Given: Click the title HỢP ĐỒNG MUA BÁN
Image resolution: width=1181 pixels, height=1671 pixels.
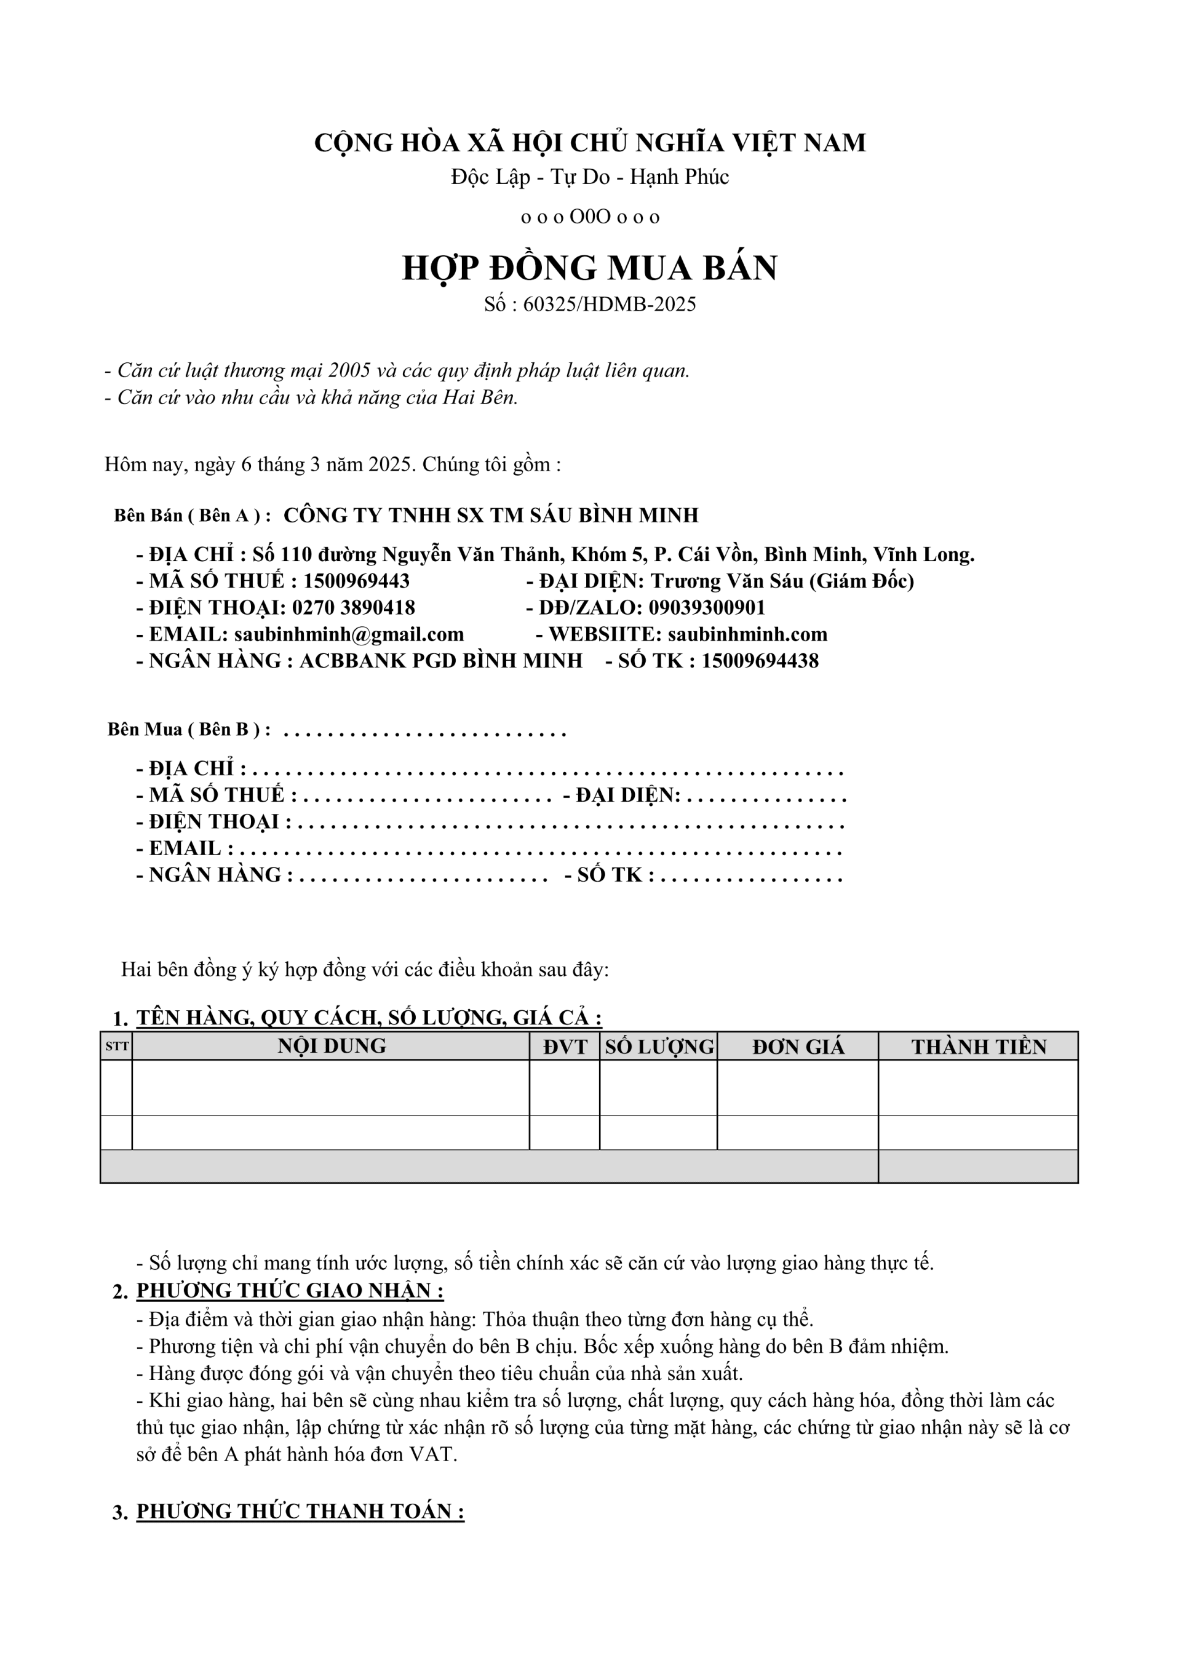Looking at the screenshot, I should tap(589, 268).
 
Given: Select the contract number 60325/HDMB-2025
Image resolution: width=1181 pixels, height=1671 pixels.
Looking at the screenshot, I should tap(609, 304).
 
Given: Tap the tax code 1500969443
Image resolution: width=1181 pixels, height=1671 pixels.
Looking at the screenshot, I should tap(357, 581).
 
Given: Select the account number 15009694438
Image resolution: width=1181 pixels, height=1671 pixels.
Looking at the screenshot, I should tap(760, 661).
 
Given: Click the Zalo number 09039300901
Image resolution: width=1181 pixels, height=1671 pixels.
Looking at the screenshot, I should tap(707, 608).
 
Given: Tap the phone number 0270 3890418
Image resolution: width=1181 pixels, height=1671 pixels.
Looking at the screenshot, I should tap(354, 608).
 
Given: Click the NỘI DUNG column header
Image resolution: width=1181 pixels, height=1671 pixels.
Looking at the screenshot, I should tap(331, 1047).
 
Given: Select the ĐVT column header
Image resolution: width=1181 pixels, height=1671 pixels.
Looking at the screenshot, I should tap(565, 1047).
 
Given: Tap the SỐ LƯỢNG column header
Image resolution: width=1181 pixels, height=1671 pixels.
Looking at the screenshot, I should tap(659, 1047).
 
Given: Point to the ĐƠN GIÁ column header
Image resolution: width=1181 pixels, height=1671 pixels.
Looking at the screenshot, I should tap(798, 1047).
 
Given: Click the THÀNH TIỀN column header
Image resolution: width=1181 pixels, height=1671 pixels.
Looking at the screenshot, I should tap(978, 1047).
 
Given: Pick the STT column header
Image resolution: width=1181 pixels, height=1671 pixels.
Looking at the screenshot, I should tap(116, 1047).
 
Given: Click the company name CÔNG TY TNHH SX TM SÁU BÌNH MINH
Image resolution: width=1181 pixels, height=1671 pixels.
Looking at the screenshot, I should tap(490, 516).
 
